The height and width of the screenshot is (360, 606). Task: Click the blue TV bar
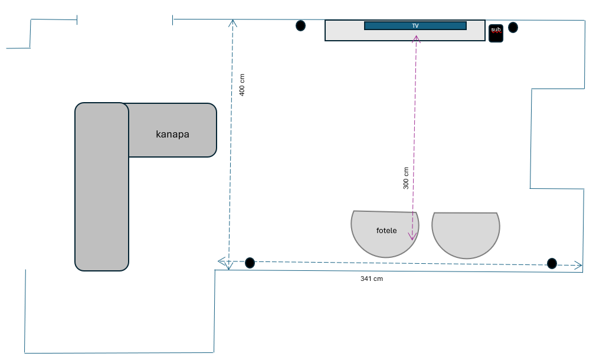click(x=415, y=25)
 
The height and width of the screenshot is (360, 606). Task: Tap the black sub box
click(x=496, y=33)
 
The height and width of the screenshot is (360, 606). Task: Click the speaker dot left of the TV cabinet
click(x=301, y=25)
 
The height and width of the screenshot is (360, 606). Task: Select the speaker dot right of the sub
click(x=513, y=27)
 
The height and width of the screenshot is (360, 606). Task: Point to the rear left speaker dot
click(x=250, y=263)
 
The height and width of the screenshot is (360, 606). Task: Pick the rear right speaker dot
click(x=552, y=263)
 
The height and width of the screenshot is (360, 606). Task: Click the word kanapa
click(x=172, y=134)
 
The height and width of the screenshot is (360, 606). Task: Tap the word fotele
click(x=386, y=230)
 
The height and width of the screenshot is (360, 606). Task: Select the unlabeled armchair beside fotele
click(x=466, y=233)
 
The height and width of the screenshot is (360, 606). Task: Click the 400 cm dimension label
click(x=242, y=85)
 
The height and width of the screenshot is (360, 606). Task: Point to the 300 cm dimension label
click(x=406, y=178)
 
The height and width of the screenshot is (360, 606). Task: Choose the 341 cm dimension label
click(x=372, y=279)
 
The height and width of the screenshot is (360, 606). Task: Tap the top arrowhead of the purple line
click(x=416, y=39)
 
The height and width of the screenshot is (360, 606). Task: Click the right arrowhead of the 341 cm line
click(x=579, y=265)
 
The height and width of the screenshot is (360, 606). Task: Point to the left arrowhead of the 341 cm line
click(x=221, y=261)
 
